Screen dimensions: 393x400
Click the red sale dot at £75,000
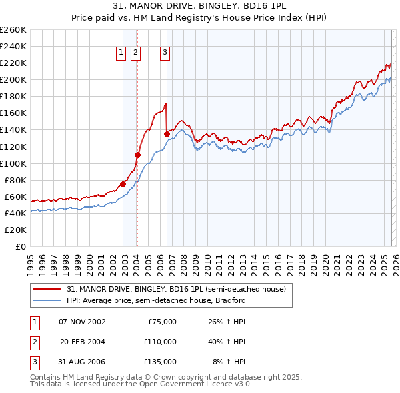pos(123,184)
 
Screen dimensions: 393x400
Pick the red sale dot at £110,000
pos(137,155)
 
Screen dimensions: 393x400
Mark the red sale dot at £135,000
pos(167,134)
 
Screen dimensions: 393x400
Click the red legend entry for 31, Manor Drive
pos(176,289)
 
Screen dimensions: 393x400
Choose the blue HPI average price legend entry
pos(156,300)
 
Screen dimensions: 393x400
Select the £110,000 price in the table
pos(160,341)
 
